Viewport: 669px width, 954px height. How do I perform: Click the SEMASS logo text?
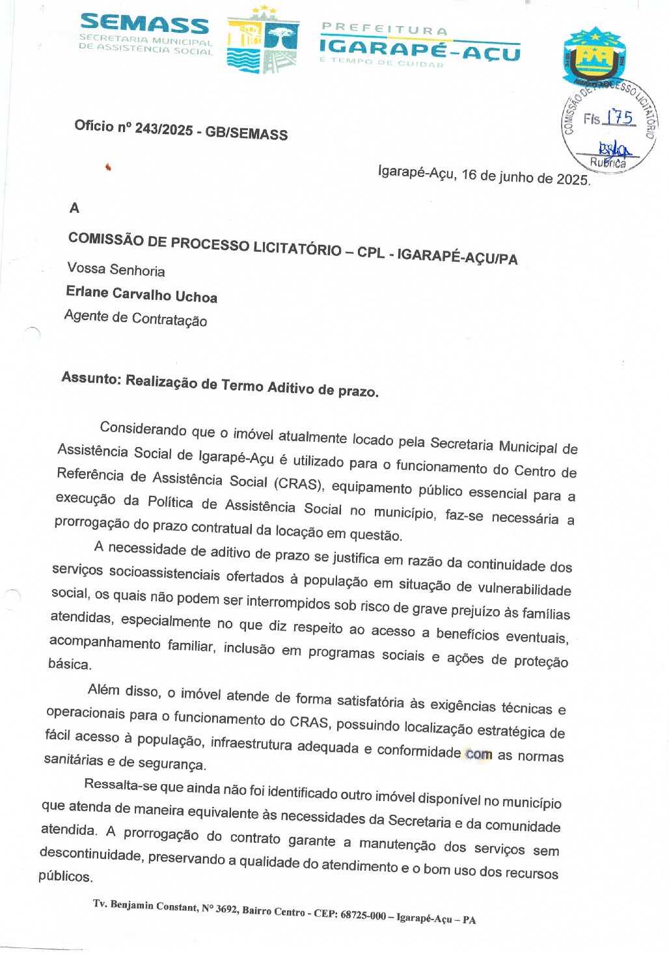tap(144, 25)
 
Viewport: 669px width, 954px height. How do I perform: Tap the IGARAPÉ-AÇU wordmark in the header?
tap(420, 49)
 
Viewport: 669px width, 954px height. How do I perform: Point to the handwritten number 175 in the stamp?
tap(619, 117)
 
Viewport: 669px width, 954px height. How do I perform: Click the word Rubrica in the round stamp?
tap(608, 163)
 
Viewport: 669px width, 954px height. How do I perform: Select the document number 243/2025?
tap(164, 129)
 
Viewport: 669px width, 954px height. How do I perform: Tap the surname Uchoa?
tap(196, 297)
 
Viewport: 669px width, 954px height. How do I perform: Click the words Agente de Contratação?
tap(135, 318)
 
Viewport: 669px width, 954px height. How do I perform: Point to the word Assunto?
tap(91, 378)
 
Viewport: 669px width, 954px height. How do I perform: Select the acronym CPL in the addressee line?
tap(370, 252)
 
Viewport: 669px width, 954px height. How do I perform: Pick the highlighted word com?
tap(479, 754)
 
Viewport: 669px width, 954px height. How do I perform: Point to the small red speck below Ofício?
tap(108, 168)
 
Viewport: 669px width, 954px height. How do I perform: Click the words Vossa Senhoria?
tap(116, 269)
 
